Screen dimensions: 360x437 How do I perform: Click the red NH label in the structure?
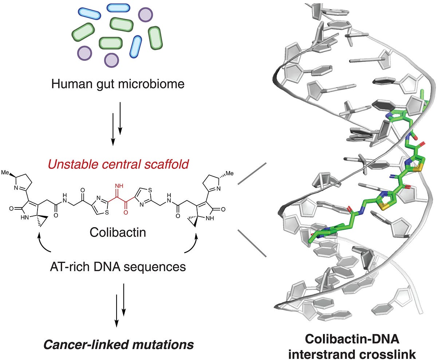pyautogui.click(x=119, y=186)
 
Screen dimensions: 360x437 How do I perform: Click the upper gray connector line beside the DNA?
pyautogui.click(x=252, y=173)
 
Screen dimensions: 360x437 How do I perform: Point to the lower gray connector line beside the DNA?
pyautogui.click(x=252, y=243)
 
